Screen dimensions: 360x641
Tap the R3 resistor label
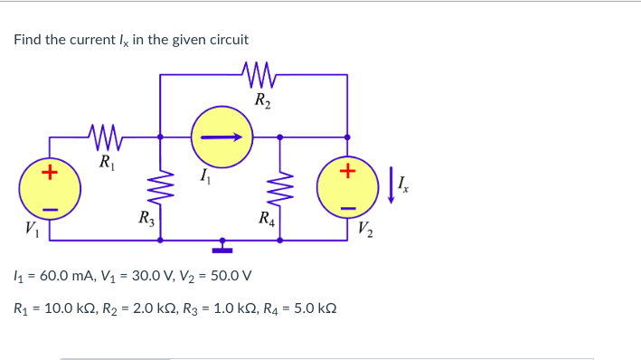pos(144,217)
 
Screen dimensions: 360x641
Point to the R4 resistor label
pos(266,217)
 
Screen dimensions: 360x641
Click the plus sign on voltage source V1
pos(52,171)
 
